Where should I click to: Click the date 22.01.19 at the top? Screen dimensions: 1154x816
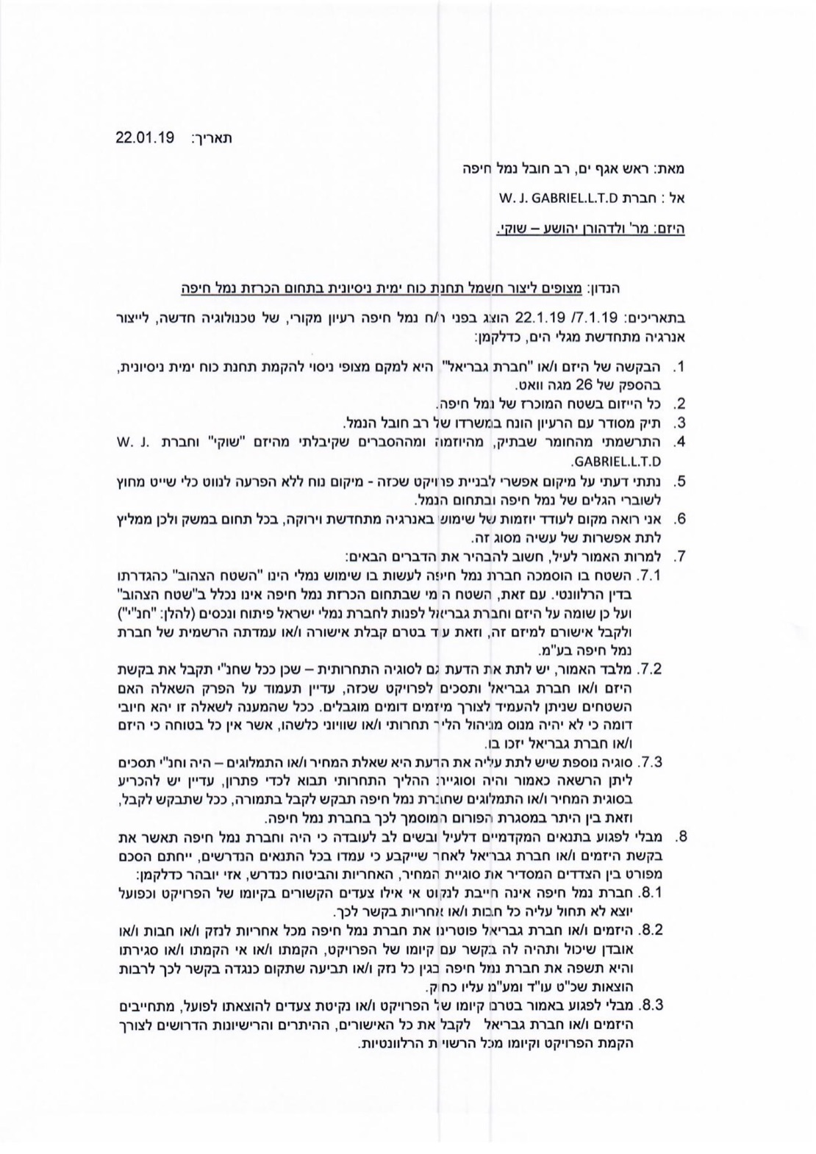144,138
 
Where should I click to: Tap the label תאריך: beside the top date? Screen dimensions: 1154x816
215,138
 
